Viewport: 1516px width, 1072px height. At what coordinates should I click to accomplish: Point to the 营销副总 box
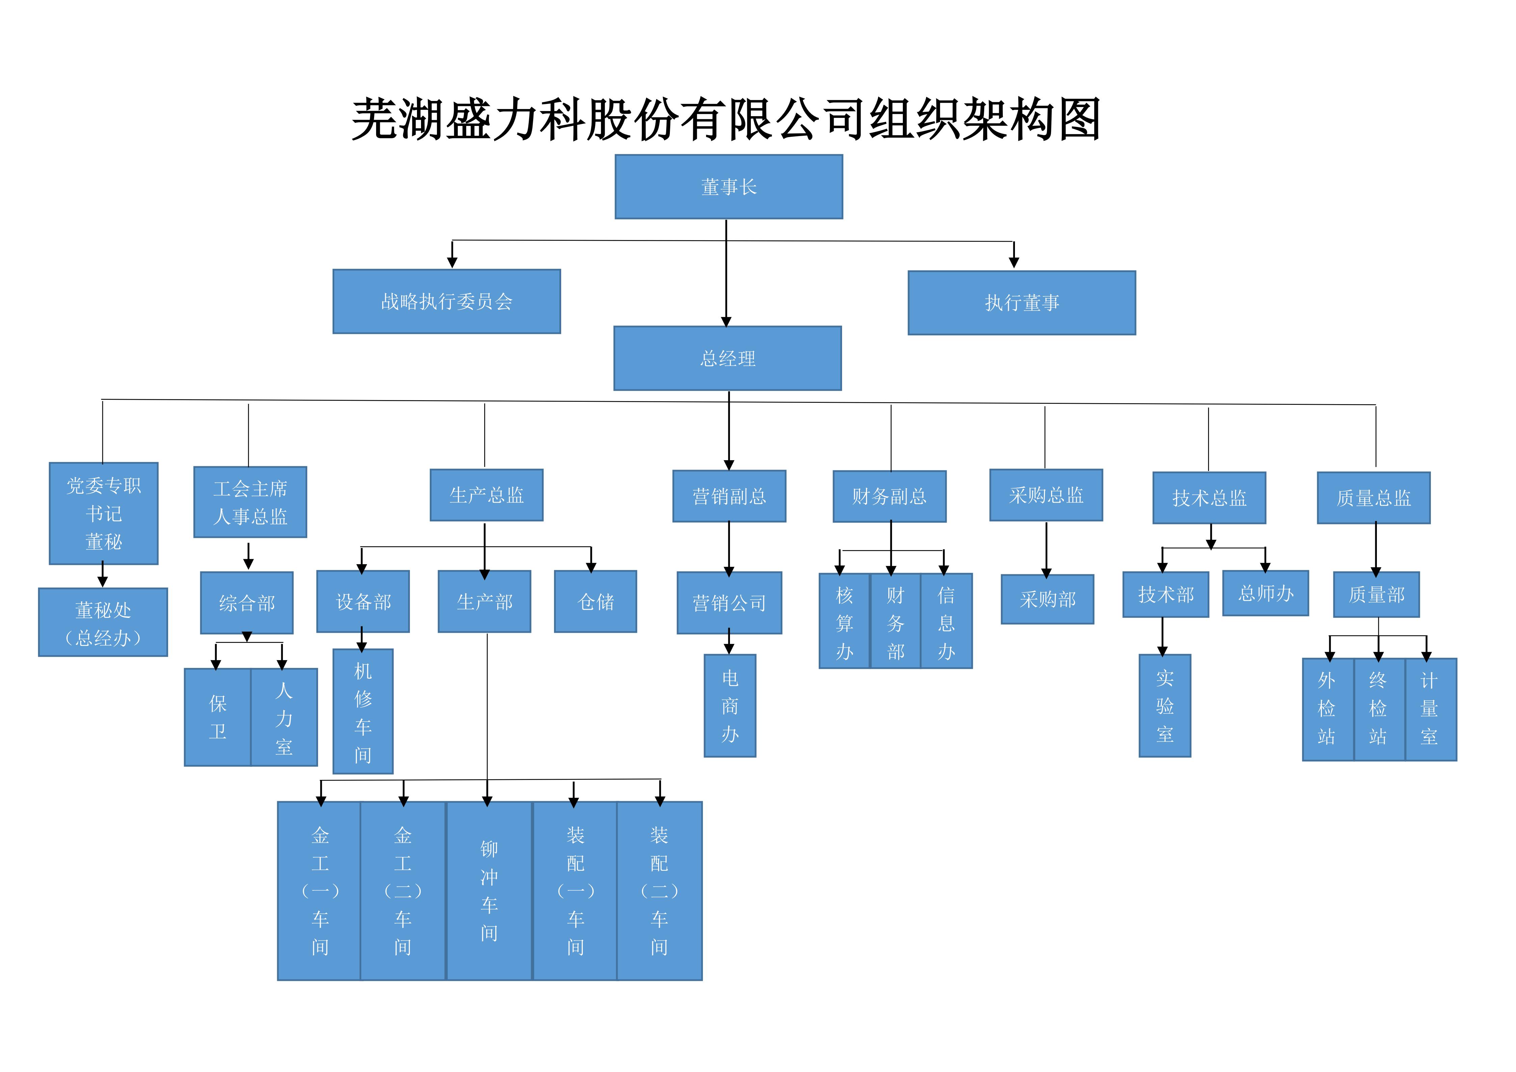click(729, 496)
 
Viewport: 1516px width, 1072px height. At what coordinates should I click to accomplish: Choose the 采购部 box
click(1047, 599)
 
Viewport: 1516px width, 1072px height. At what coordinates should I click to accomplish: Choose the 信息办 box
click(946, 621)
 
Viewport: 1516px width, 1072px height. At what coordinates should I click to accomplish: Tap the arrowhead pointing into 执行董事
click(1014, 263)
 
